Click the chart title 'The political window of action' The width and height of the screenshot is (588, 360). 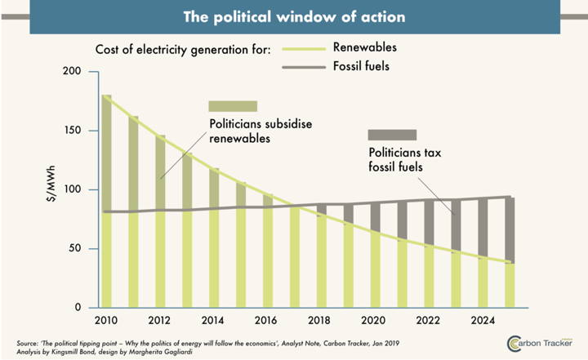(x=295, y=16)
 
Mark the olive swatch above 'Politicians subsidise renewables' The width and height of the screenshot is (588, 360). (x=233, y=106)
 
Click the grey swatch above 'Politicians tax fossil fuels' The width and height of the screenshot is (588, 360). (x=392, y=135)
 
